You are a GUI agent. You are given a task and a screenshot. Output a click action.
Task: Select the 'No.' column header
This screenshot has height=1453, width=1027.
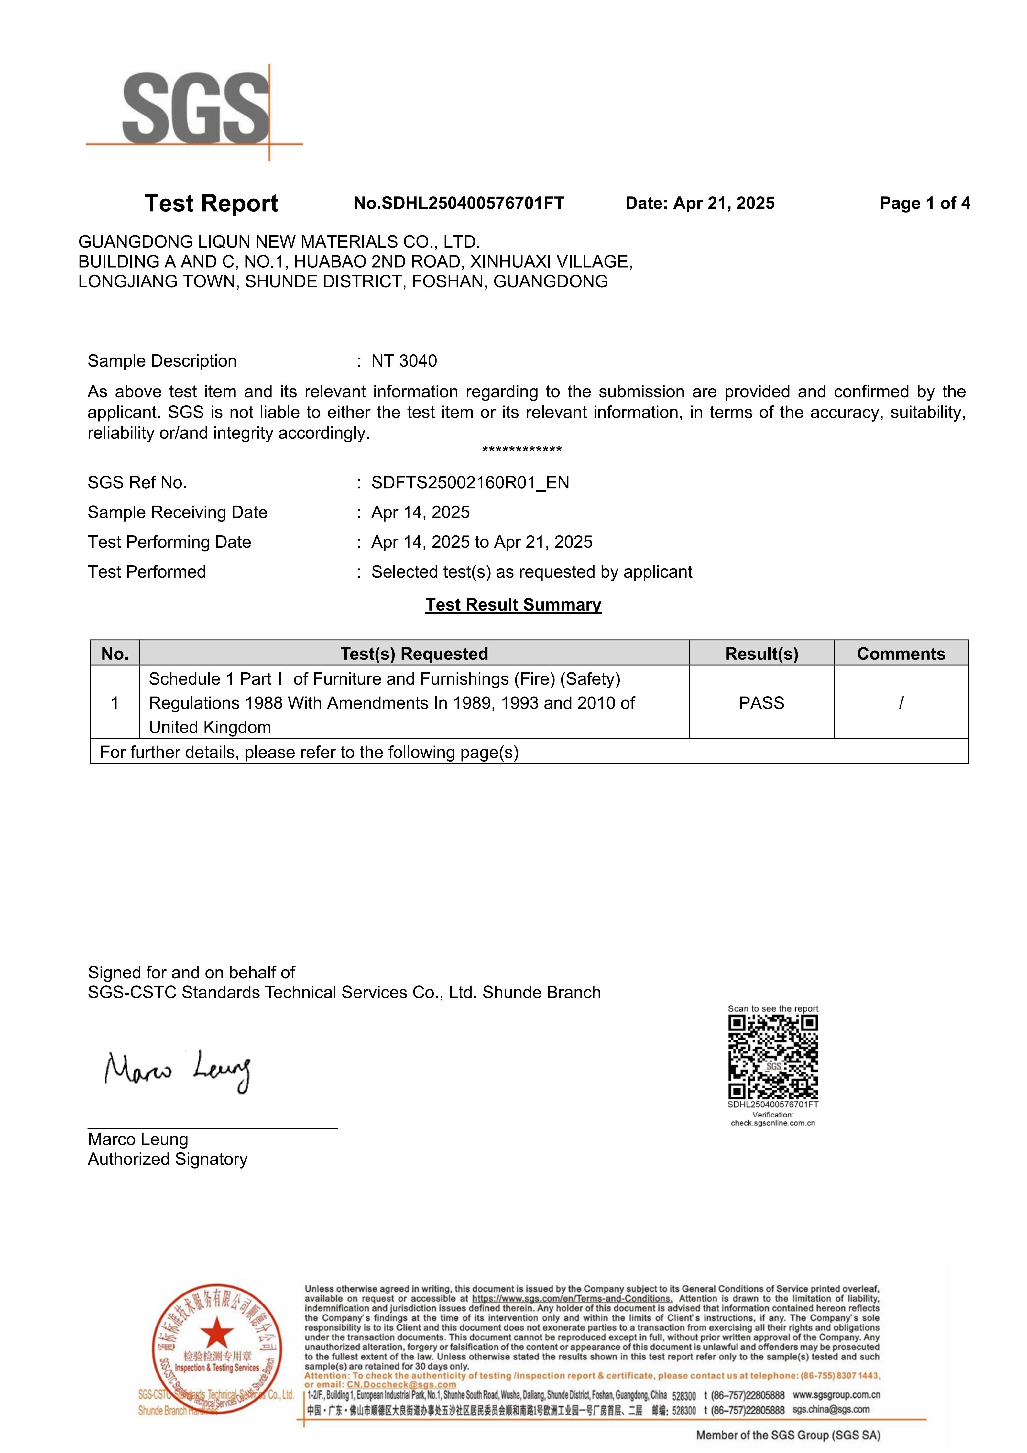coord(115,654)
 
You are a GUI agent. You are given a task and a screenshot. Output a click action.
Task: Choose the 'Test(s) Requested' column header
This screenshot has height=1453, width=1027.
coord(414,654)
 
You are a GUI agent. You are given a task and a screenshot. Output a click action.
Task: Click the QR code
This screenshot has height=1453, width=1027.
coord(773,1057)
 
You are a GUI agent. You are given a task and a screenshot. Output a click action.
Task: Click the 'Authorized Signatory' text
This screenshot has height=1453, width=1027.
coord(168,1159)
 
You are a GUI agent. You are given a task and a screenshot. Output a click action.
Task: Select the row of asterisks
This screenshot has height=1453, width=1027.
coord(521,450)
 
